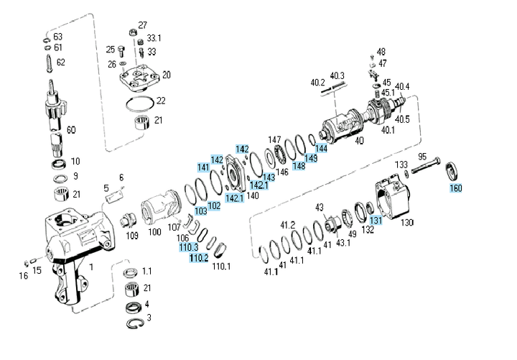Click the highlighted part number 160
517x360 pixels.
pyautogui.click(x=456, y=189)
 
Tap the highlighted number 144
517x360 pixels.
pyautogui.click(x=322, y=148)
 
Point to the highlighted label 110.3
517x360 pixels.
pyautogui.click(x=189, y=247)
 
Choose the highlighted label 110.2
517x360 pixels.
pyautogui.click(x=198, y=257)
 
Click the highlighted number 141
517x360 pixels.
pyautogui.click(x=204, y=167)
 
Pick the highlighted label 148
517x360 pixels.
pyautogui.click(x=299, y=166)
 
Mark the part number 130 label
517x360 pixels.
pyautogui.click(x=407, y=223)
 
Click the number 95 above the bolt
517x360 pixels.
pyautogui.click(x=423, y=157)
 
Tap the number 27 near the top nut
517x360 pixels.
pyautogui.click(x=142, y=25)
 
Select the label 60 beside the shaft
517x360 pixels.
pyautogui.click(x=71, y=130)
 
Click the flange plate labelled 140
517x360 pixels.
pyautogui.click(x=236, y=176)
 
